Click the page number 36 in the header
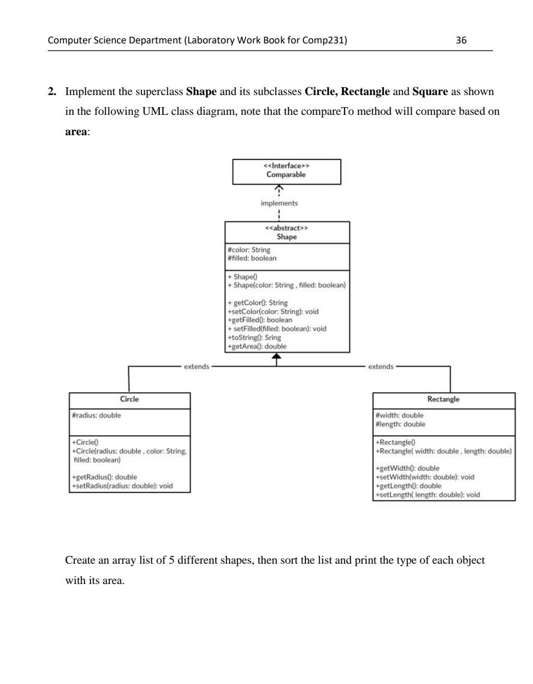tap(461, 40)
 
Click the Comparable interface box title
tap(286, 175)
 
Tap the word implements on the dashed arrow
tap(279, 203)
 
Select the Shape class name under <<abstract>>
tap(286, 237)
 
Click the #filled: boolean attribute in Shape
tap(252, 258)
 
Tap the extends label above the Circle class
tap(196, 366)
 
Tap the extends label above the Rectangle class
tap(381, 366)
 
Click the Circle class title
tap(130, 399)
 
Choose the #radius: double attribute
tap(96, 415)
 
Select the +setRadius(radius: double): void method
tap(122, 486)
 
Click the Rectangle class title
tap(443, 399)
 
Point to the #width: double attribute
tap(399, 415)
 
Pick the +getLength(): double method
tap(408, 486)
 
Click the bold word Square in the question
tap(430, 92)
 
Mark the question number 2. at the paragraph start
tap(52, 92)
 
